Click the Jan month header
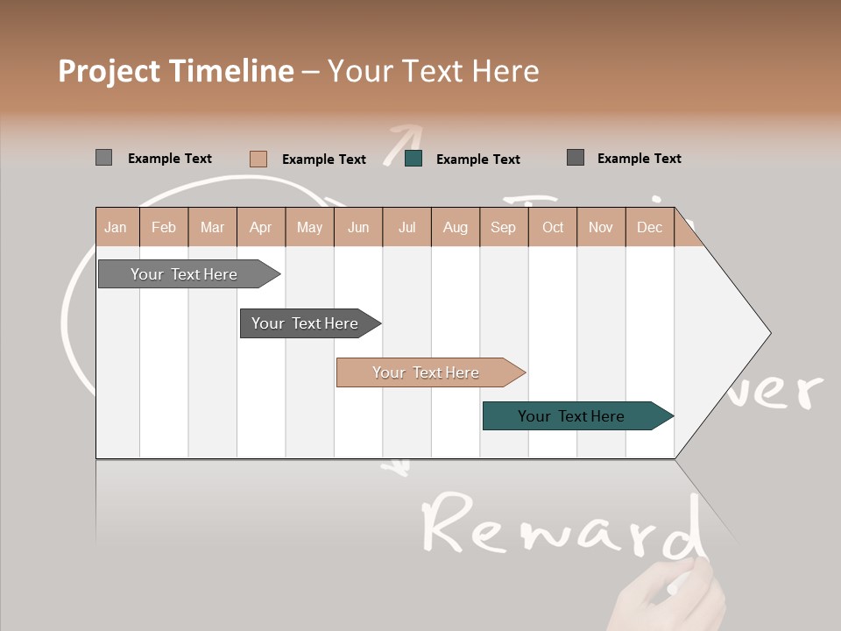click(x=116, y=227)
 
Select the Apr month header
click(x=261, y=227)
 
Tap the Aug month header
click(x=455, y=227)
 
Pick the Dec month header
click(x=649, y=227)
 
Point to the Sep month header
click(x=503, y=227)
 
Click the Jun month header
click(x=358, y=227)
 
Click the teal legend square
click(x=413, y=159)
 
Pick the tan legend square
click(x=258, y=159)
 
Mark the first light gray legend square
click(x=103, y=158)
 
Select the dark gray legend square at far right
click(x=575, y=158)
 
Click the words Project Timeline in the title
click(x=175, y=71)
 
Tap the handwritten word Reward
click(x=561, y=526)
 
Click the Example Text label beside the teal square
click(x=477, y=159)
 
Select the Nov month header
click(x=600, y=227)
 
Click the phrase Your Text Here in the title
click(x=434, y=71)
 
